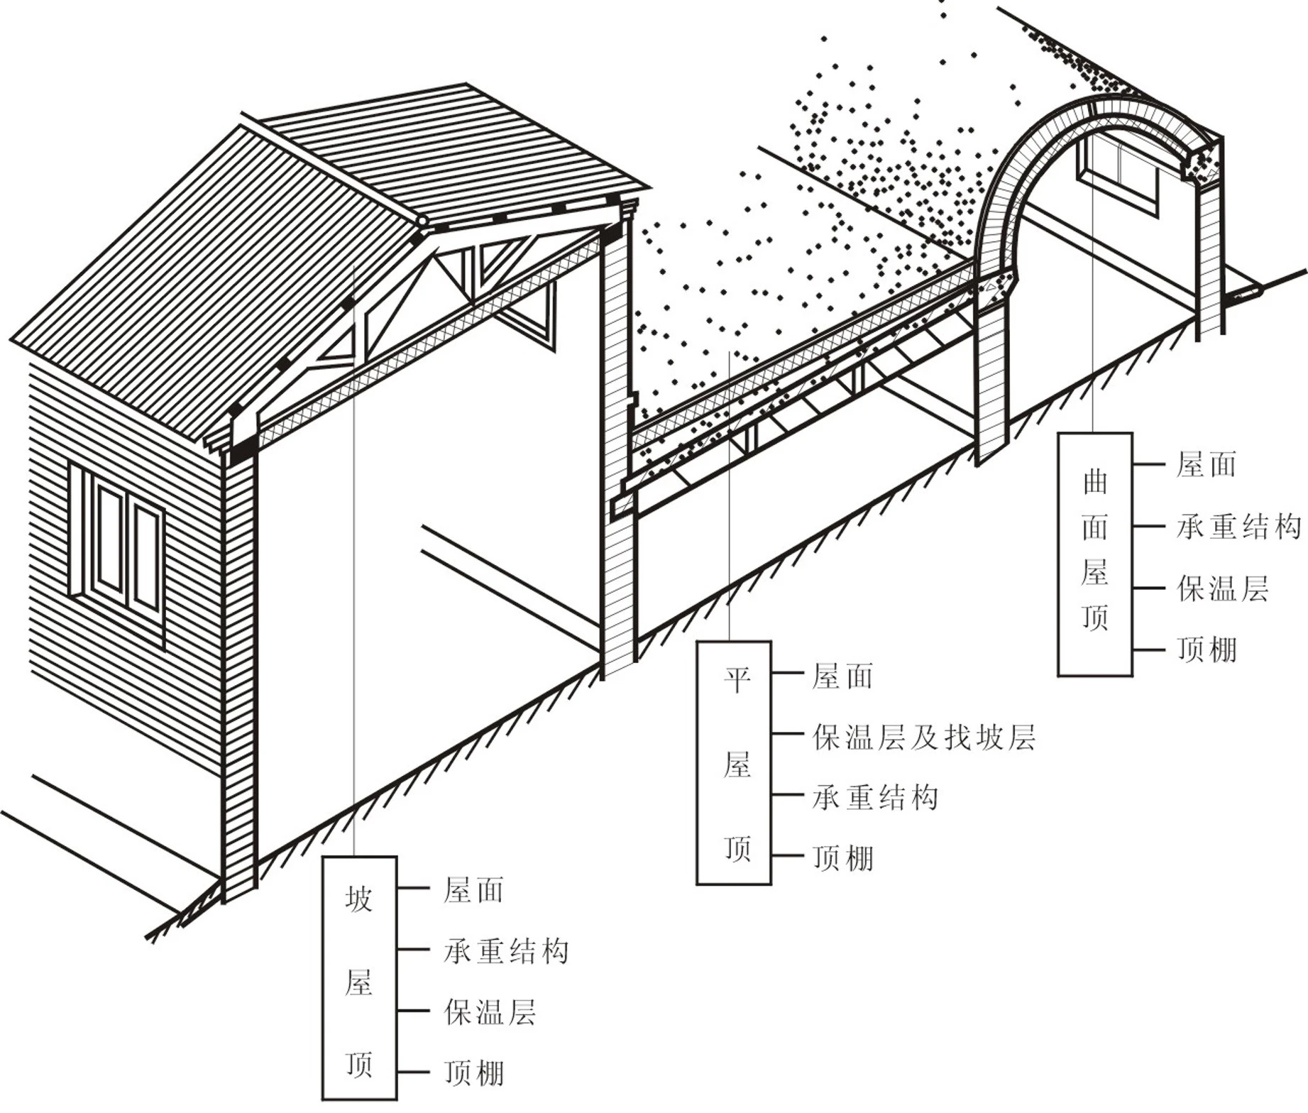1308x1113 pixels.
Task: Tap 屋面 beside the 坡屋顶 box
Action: click(x=473, y=890)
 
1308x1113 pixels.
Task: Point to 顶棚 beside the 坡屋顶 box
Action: click(x=474, y=1073)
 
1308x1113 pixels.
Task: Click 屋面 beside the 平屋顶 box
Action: click(x=842, y=676)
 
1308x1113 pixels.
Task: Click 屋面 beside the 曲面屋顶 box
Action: click(x=1207, y=465)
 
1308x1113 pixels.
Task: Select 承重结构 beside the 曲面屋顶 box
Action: click(x=1238, y=527)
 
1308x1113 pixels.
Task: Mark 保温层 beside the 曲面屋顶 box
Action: click(x=1222, y=588)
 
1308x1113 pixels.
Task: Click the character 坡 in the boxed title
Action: click(x=359, y=899)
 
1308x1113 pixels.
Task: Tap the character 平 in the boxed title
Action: click(x=737, y=681)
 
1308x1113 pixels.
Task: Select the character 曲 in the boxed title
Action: click(x=1095, y=483)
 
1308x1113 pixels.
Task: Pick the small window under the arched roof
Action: click(x=1119, y=175)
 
